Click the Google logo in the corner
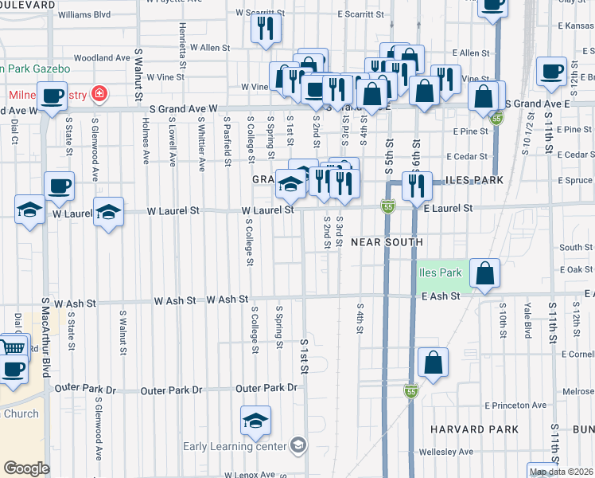click(26, 468)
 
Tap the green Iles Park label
click(440, 272)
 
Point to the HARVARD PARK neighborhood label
click(474, 429)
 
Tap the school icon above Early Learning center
click(255, 420)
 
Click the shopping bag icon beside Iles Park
click(484, 274)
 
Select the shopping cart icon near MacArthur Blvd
click(12, 347)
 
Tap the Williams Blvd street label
click(84, 14)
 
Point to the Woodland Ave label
click(101, 58)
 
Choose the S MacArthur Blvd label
click(45, 335)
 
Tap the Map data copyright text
click(561, 472)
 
